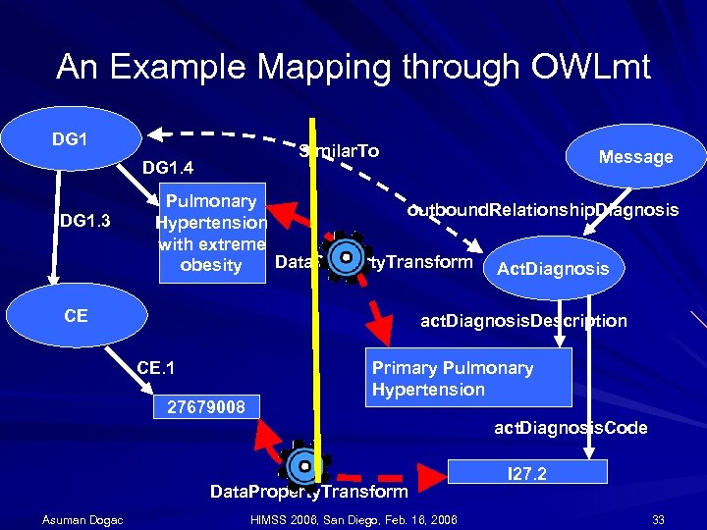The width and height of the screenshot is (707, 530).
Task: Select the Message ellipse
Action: coord(635,156)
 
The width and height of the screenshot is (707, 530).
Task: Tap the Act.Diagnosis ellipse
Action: coord(553,268)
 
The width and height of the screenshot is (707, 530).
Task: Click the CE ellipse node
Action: coord(76,315)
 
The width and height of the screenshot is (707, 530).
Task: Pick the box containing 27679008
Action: coord(207,405)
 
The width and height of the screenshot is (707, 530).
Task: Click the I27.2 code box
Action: coord(526,474)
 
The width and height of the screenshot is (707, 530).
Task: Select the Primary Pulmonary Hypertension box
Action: coord(467,379)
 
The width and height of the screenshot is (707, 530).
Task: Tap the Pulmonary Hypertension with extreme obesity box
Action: coord(211,234)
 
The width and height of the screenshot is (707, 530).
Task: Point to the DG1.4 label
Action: coord(168,169)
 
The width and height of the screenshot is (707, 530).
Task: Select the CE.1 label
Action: coord(156,368)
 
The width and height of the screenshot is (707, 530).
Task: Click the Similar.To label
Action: coord(339,151)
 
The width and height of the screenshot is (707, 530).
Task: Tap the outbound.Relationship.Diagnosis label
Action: coord(543,210)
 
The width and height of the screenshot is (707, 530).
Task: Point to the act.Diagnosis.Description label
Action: coord(523,320)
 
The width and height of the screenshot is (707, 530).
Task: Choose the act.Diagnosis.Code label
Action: coord(570,428)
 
